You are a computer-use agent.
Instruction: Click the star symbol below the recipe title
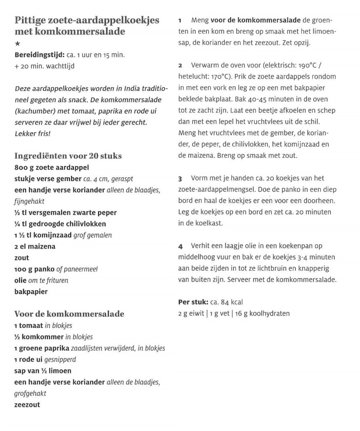(17, 44)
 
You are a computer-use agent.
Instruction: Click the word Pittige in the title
(29, 21)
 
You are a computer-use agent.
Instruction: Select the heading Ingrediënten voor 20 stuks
(68, 155)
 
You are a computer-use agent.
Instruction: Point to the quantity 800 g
(24, 167)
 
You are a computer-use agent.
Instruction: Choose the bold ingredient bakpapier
(31, 291)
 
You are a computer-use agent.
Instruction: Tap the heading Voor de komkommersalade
(69, 314)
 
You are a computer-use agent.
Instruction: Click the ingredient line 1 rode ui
(29, 360)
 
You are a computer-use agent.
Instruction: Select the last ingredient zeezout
(27, 405)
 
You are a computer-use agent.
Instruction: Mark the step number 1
(180, 20)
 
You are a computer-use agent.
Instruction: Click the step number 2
(180, 66)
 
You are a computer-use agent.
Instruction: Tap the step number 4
(180, 245)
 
